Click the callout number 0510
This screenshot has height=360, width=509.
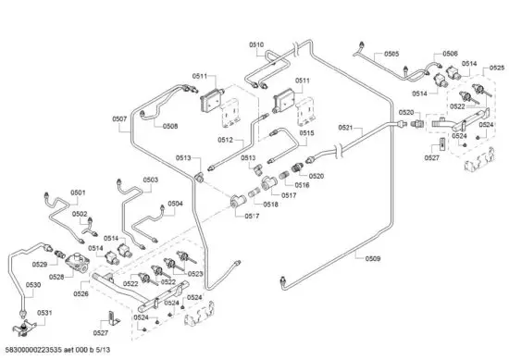coord(256,44)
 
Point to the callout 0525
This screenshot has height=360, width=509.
coord(496,68)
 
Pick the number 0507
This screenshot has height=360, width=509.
coord(119,118)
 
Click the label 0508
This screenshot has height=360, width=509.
coord(170,126)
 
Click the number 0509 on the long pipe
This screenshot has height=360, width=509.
coord(372,258)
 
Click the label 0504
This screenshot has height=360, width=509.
coord(175,204)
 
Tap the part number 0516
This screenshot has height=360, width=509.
coord(302,185)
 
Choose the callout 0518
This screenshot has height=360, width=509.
coord(270,205)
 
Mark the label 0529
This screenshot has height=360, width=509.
coord(37,265)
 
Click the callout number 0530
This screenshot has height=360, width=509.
coord(32,285)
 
